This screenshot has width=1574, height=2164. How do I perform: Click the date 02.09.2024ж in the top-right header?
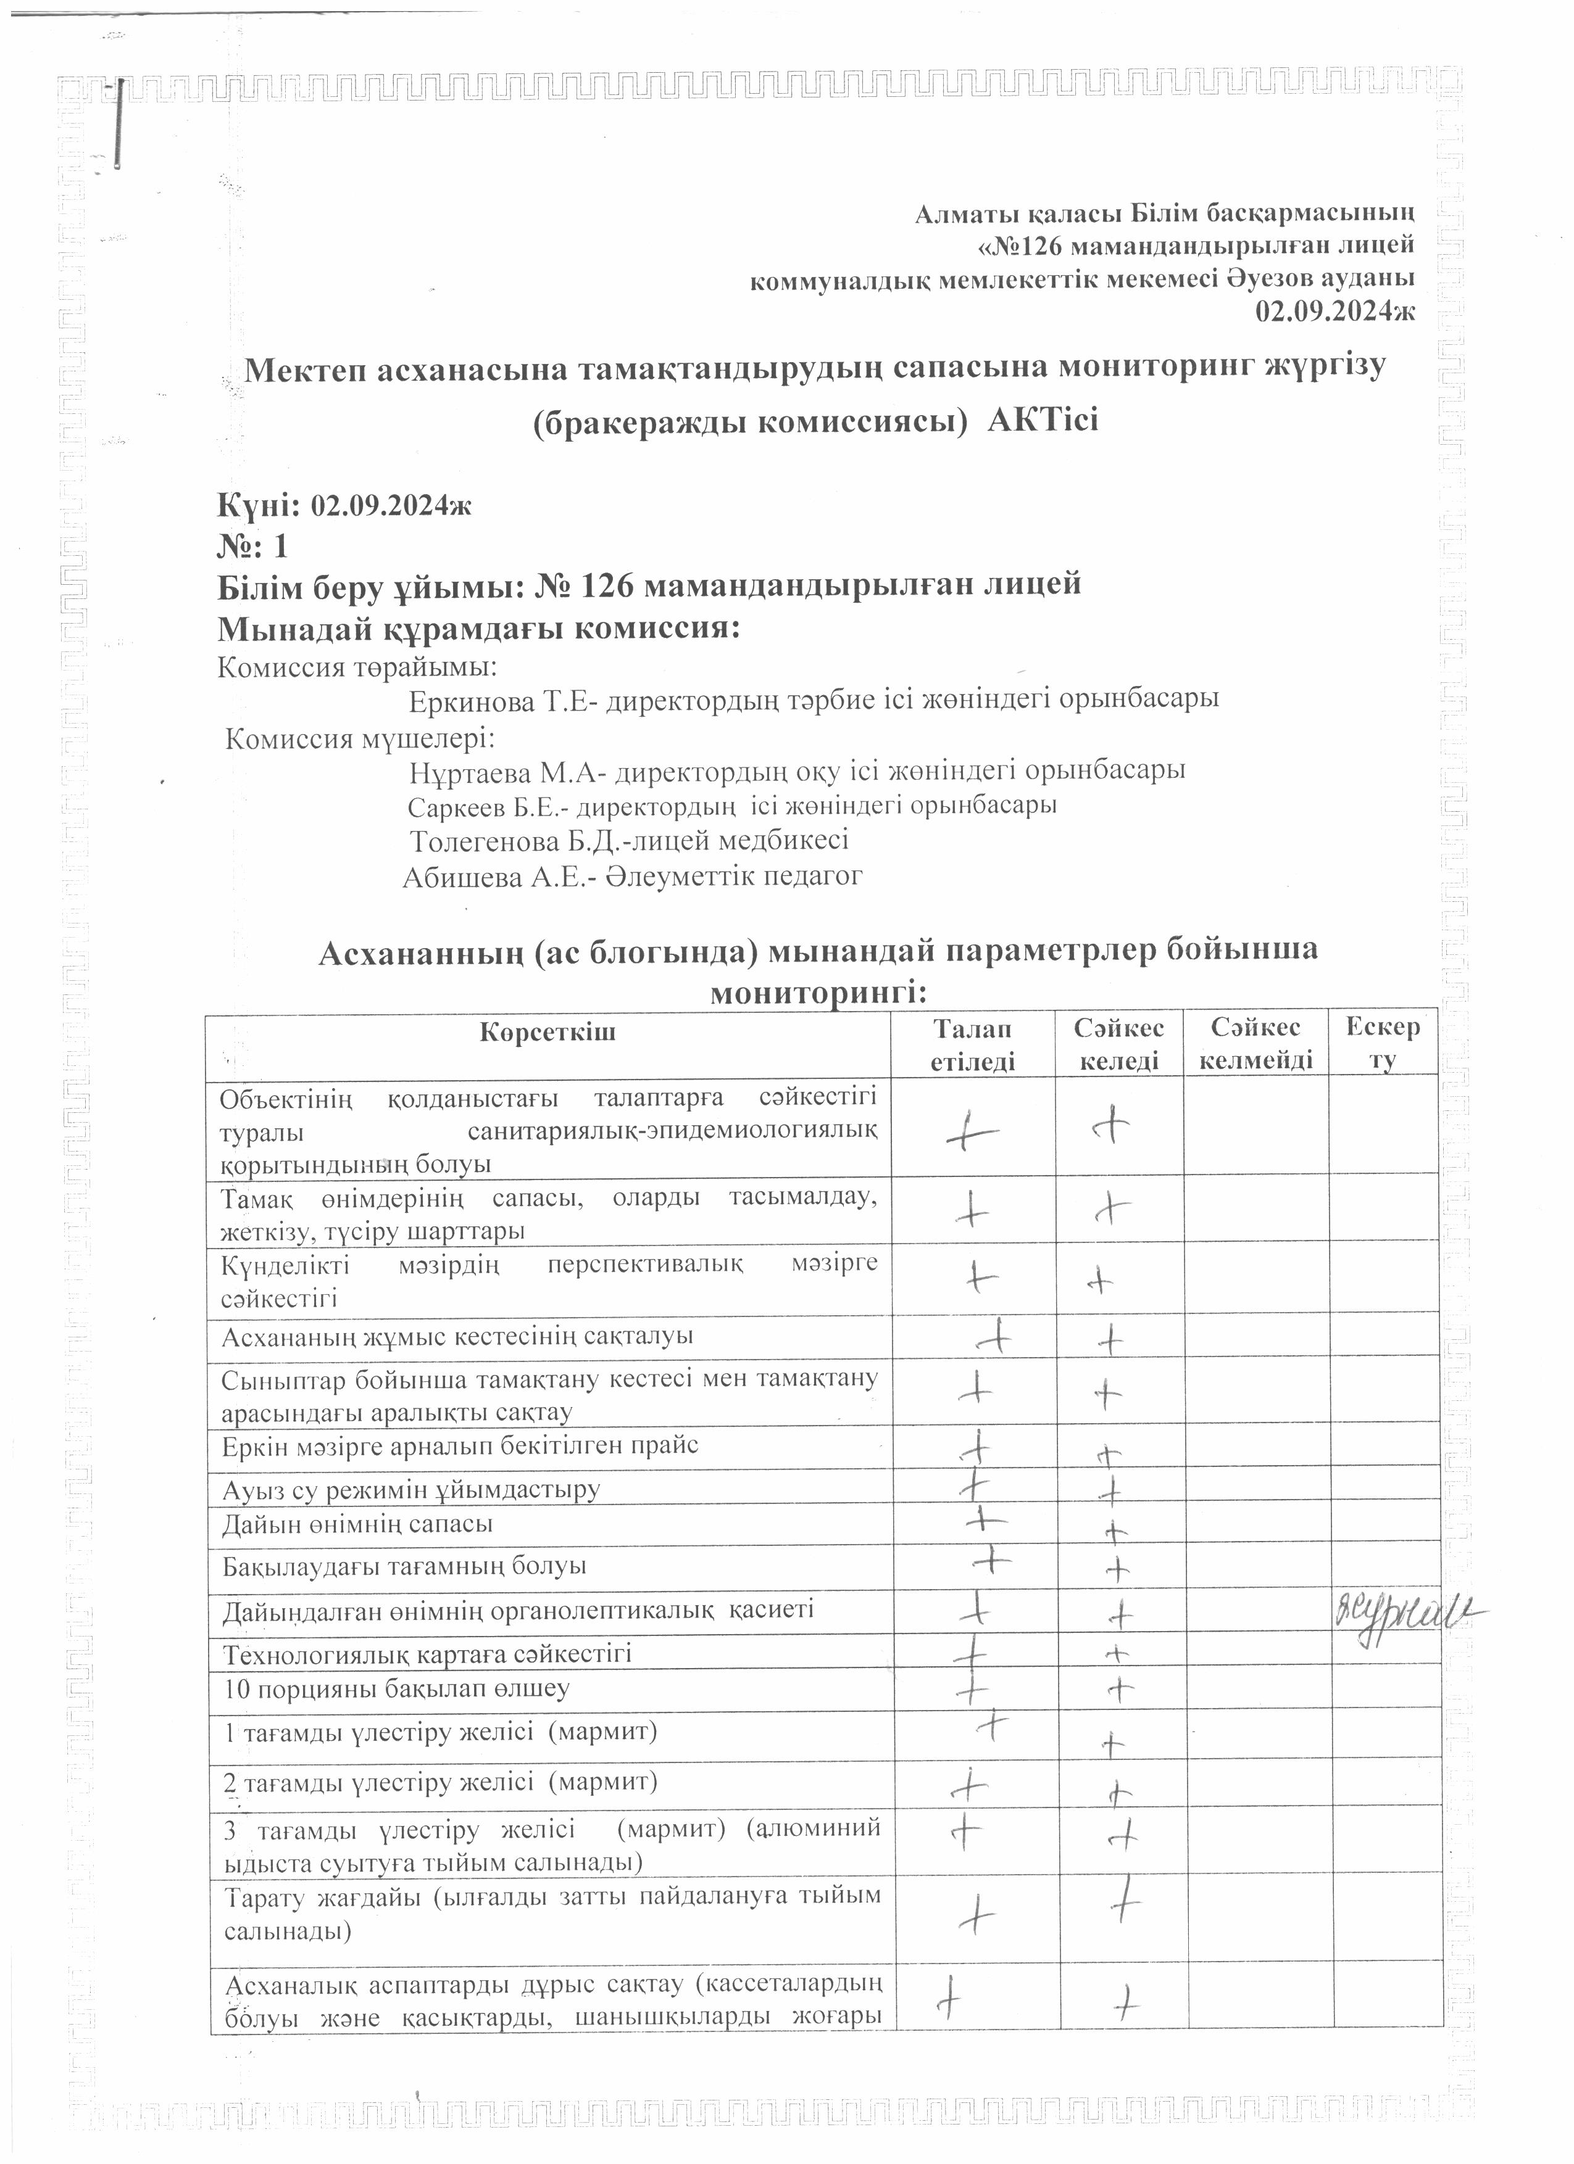pos(1335,312)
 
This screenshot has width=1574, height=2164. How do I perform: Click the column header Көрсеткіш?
pos(548,1033)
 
